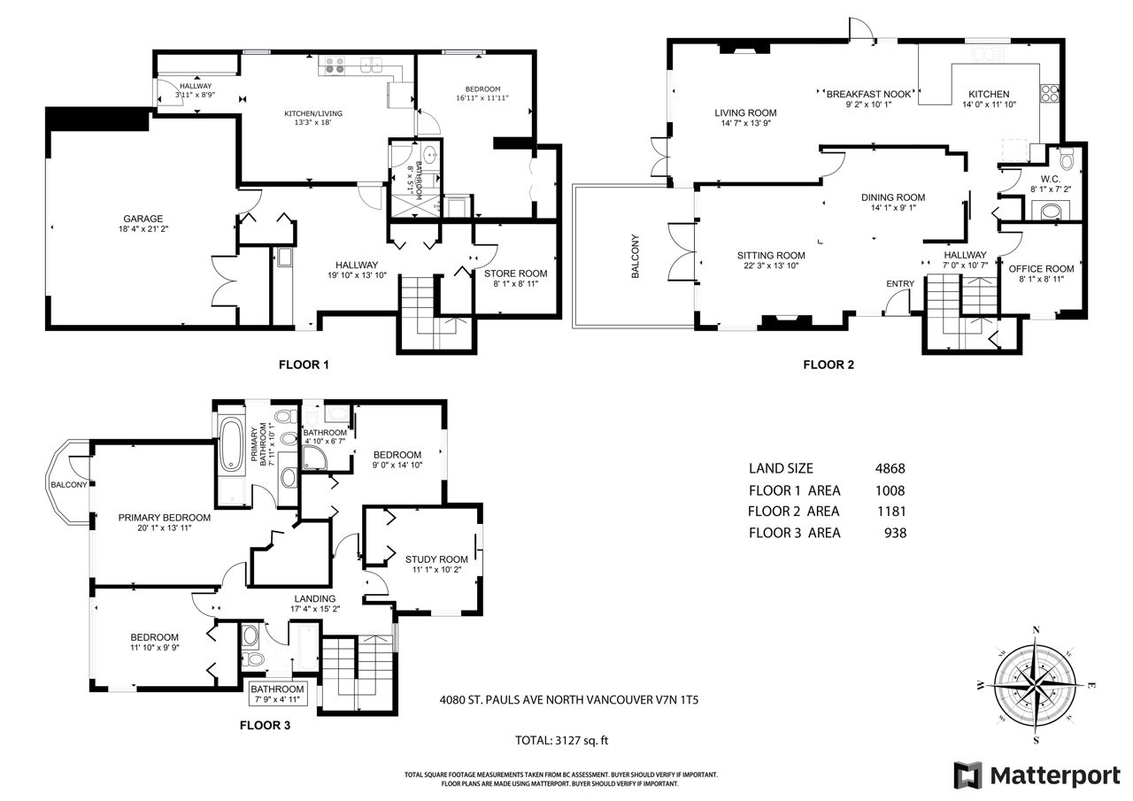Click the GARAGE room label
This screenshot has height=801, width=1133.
(143, 219)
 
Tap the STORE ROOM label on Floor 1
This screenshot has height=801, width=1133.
(515, 273)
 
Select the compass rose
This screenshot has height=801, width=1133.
(1036, 685)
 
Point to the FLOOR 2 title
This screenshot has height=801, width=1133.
(829, 365)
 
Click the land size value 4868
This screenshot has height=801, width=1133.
(890, 468)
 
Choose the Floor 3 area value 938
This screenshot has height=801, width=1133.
(895, 533)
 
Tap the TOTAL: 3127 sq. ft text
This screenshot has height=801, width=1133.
(561, 740)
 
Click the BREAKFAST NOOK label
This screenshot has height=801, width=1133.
(868, 94)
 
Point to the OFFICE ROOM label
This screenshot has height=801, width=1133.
(1042, 269)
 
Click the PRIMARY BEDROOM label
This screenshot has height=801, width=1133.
(165, 518)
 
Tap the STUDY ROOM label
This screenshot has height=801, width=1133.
(436, 559)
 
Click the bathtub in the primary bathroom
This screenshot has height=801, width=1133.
(232, 443)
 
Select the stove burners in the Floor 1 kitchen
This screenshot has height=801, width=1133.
(335, 65)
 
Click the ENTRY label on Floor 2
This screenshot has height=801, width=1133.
(900, 284)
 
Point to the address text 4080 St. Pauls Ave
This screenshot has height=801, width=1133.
(569, 700)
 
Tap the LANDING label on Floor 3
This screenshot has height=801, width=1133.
(314, 598)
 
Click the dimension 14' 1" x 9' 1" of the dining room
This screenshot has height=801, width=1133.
(893, 207)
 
